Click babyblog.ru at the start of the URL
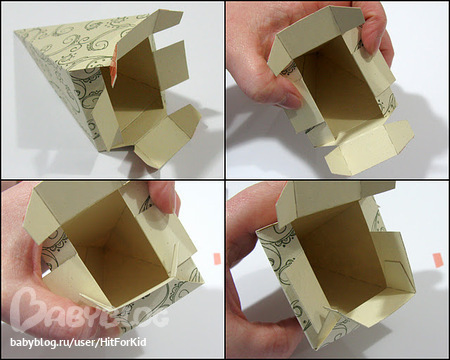click(33, 343)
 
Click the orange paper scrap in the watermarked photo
click(217, 259)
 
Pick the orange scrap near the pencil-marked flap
click(438, 260)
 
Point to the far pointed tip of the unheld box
click(15, 32)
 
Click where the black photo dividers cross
click(225, 179)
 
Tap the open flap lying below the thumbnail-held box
click(368, 148)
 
